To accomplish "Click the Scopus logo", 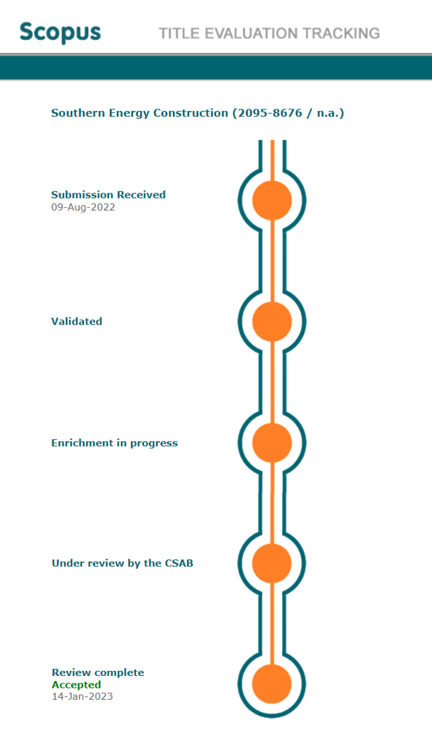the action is coord(60,33).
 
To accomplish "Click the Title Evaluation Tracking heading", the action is coord(269,33).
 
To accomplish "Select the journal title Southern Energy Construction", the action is coord(140,113).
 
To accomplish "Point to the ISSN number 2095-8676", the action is coord(270,113).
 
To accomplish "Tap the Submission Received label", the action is coord(109,194).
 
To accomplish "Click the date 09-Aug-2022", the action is coord(83,207).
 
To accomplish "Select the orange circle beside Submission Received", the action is coord(271,201).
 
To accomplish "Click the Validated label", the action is coord(77,321).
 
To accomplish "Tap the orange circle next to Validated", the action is coord(271,322).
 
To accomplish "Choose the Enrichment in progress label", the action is coord(114,443).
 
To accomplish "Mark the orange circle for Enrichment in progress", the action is coord(271,443).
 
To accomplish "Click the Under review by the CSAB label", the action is coord(123,563).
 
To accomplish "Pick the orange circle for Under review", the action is coord(271,563).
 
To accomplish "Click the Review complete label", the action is coord(98,672).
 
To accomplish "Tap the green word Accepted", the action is coord(77,685).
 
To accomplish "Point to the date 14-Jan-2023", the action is coord(82,696).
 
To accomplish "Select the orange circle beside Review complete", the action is coord(271,684).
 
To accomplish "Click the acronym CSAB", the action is coord(179,563).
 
